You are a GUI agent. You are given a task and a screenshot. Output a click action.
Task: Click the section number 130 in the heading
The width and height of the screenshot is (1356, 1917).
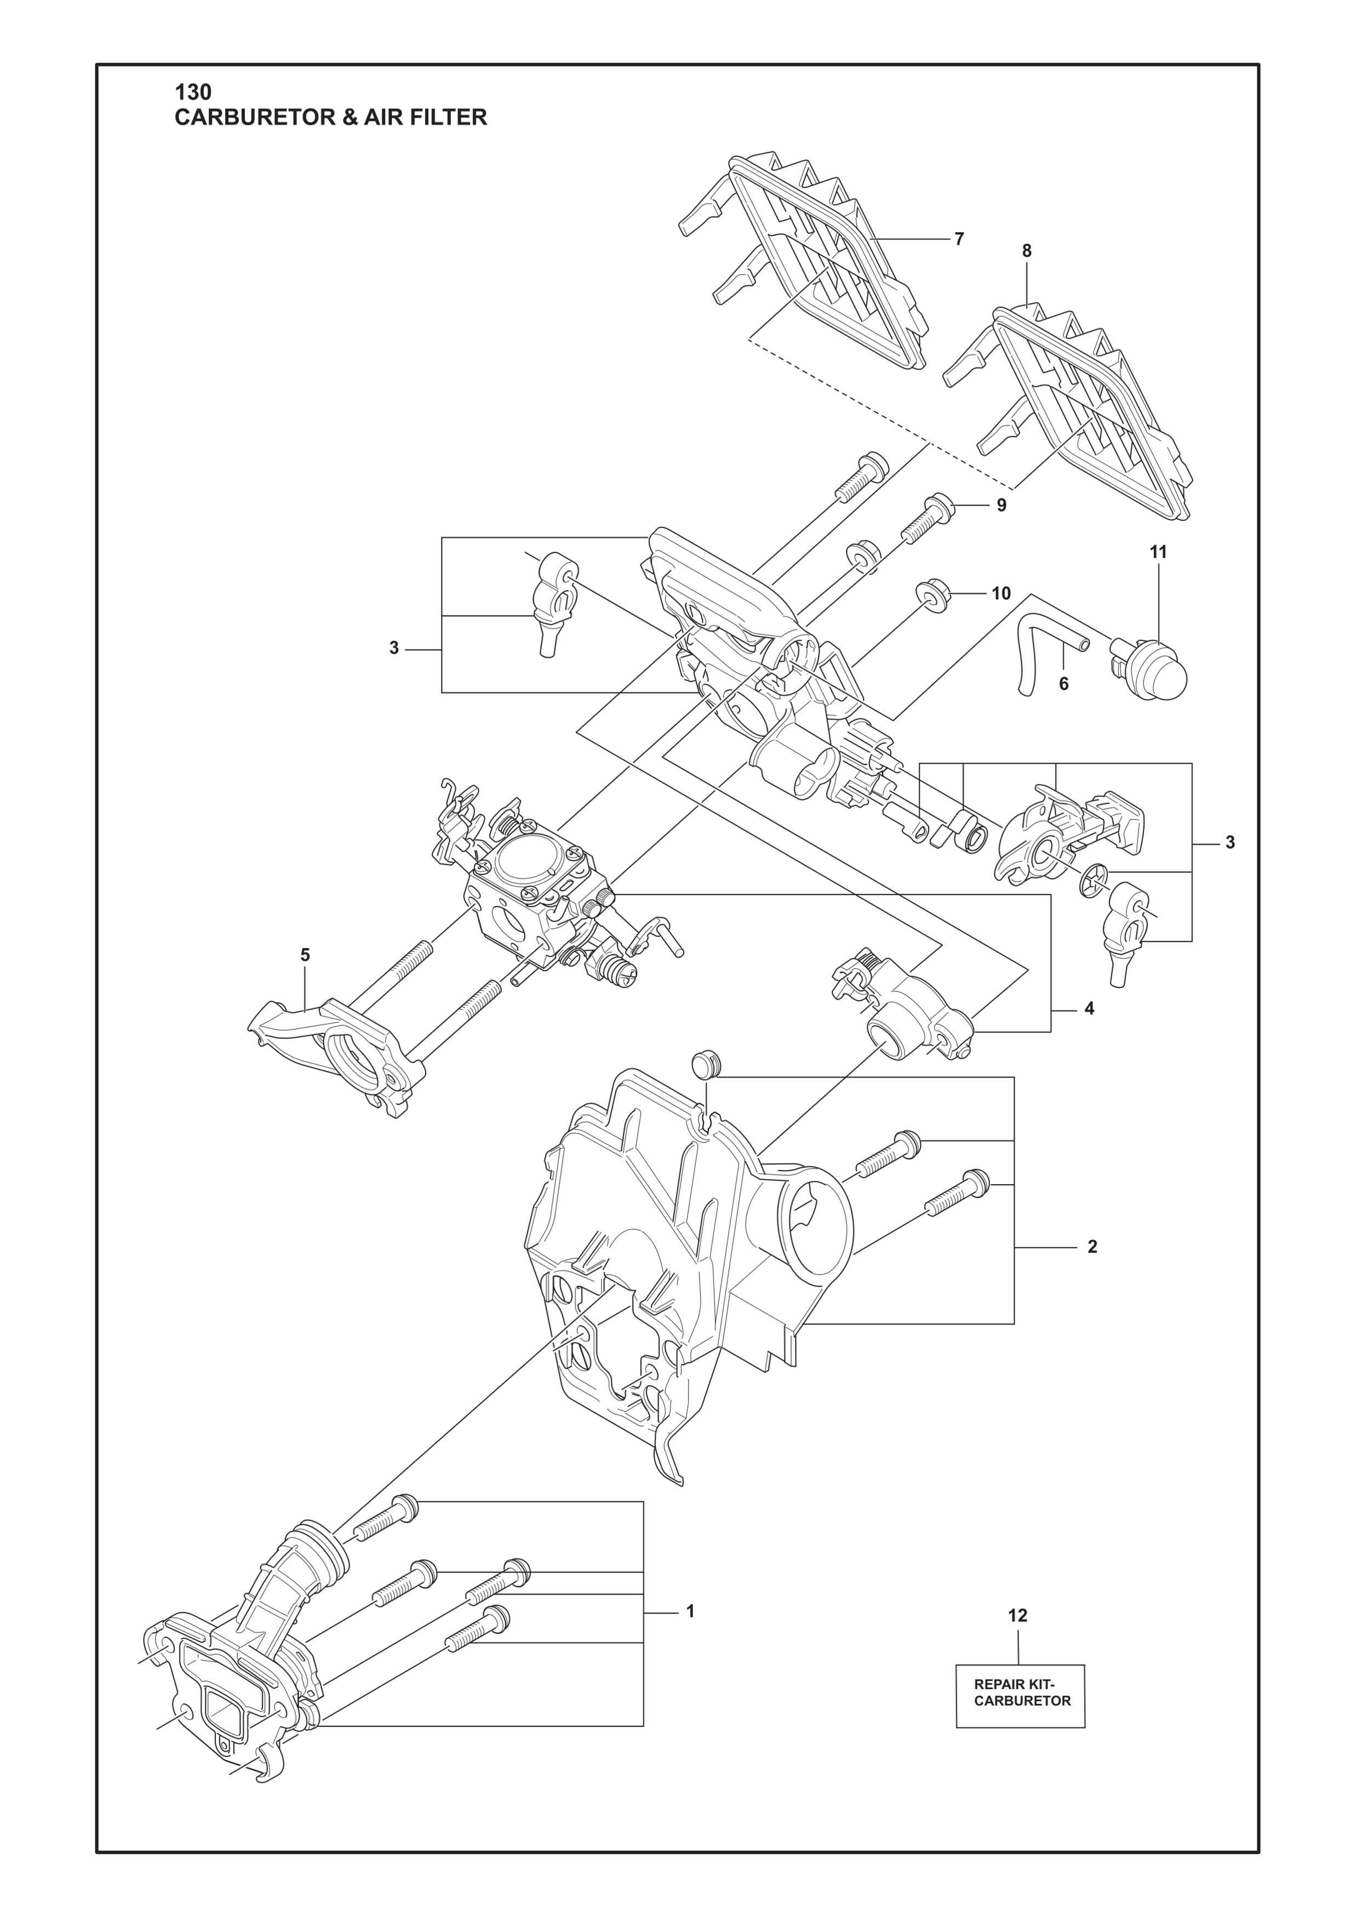[x=193, y=92]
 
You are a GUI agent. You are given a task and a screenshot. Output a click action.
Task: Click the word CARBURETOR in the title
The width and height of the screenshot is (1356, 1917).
[x=252, y=118]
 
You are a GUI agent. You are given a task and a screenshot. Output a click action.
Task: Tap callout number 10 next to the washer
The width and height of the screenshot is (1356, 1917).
[x=1001, y=594]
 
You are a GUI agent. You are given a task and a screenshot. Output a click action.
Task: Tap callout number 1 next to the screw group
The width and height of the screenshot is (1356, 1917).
[x=690, y=1611]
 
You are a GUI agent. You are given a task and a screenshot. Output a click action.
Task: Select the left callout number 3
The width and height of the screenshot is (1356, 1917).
[x=394, y=648]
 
